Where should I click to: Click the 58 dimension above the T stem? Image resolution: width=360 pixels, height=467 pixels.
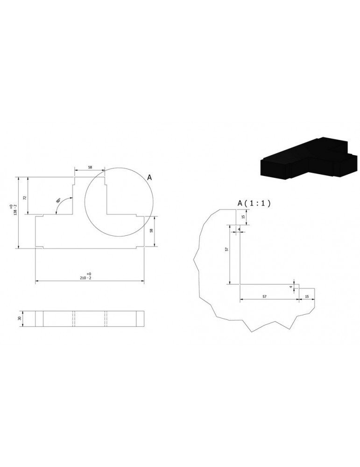(x=89, y=167)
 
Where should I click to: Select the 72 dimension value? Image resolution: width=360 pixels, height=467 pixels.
(x=25, y=197)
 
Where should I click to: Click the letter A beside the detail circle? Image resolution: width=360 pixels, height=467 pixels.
(x=149, y=177)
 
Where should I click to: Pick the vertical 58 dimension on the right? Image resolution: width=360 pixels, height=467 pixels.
(x=152, y=231)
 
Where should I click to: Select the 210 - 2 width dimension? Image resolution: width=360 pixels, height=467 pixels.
(x=89, y=277)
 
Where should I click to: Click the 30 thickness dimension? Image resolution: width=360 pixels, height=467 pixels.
(x=20, y=318)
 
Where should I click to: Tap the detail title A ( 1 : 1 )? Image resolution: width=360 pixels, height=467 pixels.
(x=254, y=203)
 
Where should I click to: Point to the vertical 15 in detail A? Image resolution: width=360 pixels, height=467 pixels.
(x=243, y=217)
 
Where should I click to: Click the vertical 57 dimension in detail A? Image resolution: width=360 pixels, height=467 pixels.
(x=226, y=249)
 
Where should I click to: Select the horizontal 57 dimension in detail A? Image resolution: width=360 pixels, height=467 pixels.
(x=264, y=296)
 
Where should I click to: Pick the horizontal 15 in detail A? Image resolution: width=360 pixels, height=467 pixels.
(x=307, y=296)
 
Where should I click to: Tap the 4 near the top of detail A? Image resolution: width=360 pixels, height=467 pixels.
(x=239, y=229)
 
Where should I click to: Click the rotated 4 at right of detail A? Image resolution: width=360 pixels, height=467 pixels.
(x=290, y=287)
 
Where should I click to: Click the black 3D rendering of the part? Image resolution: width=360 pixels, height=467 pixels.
(x=308, y=158)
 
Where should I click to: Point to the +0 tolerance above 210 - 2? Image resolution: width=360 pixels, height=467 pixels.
(x=89, y=273)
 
